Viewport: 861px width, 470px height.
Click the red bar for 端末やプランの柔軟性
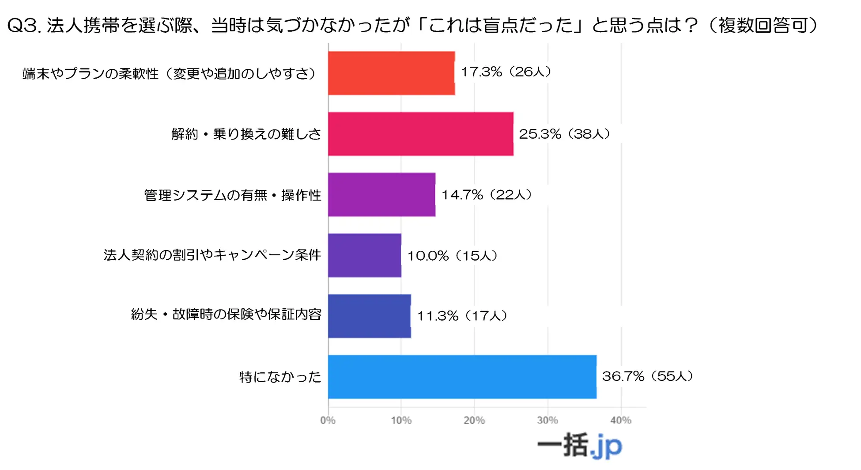(x=391, y=73)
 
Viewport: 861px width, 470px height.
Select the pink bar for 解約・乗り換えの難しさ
(x=420, y=134)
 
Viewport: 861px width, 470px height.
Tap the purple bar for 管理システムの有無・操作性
(x=381, y=195)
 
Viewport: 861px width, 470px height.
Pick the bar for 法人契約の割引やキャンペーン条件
(x=364, y=255)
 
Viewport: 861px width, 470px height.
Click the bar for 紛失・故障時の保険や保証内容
(x=369, y=316)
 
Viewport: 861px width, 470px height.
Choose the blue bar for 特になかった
(x=462, y=377)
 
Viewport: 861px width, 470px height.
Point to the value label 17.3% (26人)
(x=506, y=72)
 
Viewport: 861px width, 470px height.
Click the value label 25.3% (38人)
(x=564, y=134)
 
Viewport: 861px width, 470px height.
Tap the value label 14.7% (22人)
(x=487, y=194)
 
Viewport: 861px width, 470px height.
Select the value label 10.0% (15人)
(x=453, y=255)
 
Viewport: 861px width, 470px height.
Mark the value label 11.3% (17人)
(x=462, y=316)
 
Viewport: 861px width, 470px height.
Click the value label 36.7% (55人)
(x=647, y=376)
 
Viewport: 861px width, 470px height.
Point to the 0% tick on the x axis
(x=328, y=420)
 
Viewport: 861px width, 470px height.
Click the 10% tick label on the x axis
(x=401, y=420)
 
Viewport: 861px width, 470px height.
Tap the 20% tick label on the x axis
(x=474, y=420)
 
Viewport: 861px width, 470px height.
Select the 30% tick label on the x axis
(x=548, y=420)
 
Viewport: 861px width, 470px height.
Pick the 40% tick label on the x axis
(x=621, y=420)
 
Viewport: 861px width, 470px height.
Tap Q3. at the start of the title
(x=25, y=26)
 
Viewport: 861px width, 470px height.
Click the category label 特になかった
(x=280, y=377)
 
